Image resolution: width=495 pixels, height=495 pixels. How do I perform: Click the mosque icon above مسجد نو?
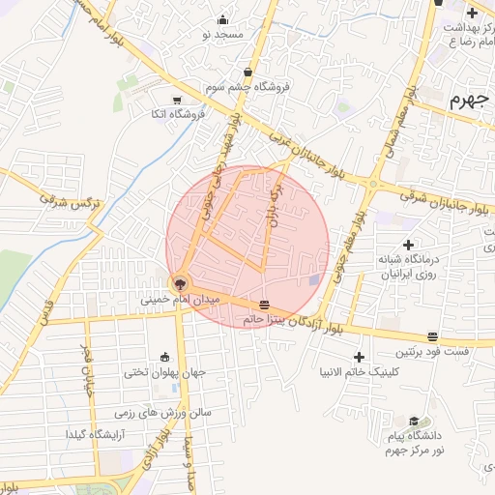click(223, 20)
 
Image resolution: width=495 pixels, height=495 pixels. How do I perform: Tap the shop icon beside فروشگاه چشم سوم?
click(248, 73)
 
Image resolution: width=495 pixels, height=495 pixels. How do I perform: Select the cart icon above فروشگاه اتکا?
click(176, 100)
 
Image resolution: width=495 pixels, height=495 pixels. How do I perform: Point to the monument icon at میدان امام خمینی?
click(179, 284)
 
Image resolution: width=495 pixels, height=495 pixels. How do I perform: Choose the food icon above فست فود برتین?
click(431, 336)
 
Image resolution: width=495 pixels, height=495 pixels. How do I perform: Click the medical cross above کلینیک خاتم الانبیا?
click(360, 357)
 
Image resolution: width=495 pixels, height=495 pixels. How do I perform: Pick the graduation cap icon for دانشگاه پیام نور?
click(414, 421)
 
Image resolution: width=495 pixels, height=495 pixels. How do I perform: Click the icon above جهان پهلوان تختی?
click(162, 357)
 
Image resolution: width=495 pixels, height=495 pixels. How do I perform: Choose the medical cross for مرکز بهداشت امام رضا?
click(471, 13)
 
